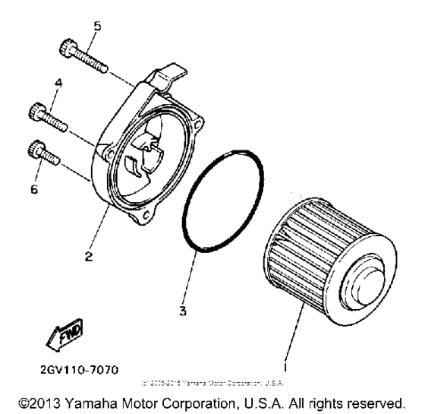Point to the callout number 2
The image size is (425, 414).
(89, 258)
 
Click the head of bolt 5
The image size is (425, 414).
(65, 50)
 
